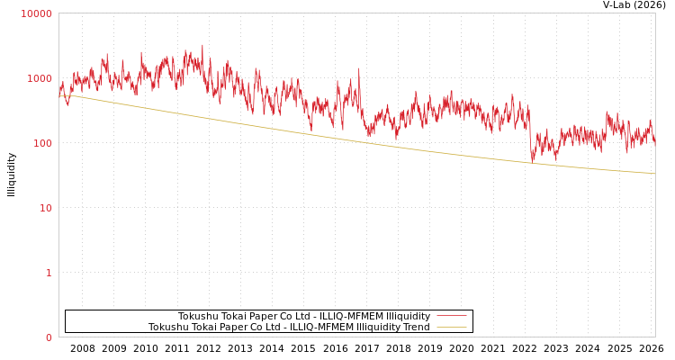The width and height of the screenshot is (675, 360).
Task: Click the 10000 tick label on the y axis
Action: click(x=37, y=13)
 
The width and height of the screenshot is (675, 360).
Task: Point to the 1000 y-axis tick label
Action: click(x=40, y=78)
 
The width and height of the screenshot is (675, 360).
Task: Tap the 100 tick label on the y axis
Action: click(x=42, y=143)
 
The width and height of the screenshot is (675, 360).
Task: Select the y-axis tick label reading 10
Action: click(x=45, y=208)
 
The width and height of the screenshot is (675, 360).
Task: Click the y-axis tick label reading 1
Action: click(x=49, y=273)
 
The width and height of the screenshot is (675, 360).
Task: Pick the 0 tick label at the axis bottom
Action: click(x=49, y=337)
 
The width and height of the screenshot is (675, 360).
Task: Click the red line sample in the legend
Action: click(x=451, y=316)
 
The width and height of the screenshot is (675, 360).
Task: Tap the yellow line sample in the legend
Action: click(x=451, y=327)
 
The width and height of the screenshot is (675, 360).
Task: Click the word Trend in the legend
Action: click(x=416, y=327)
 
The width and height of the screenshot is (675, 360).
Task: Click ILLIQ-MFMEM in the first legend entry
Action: click(x=347, y=316)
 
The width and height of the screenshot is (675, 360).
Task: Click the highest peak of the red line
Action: click(x=202, y=45)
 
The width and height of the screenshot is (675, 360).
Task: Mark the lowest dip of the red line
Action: click(x=531, y=162)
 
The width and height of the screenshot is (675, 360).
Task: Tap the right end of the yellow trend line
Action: click(x=654, y=173)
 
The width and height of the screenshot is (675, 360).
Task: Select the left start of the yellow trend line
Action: click(x=59, y=94)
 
